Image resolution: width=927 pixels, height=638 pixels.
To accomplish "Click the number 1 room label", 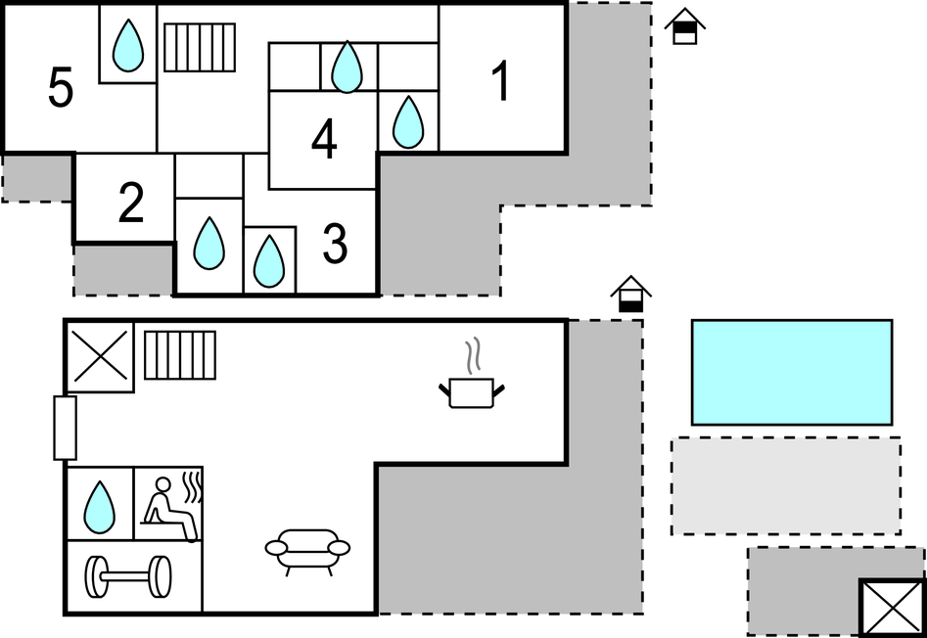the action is click(501, 81).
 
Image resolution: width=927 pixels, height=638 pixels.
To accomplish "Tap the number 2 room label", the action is click(130, 203).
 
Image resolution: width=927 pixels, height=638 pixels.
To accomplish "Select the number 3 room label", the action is click(335, 244).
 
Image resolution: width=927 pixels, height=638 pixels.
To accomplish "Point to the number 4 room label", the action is click(324, 139).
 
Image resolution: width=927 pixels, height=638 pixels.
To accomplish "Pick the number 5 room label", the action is click(61, 87).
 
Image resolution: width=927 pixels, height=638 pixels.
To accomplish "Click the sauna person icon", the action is click(170, 508).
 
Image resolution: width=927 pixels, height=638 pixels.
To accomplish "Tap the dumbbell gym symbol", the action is click(128, 576).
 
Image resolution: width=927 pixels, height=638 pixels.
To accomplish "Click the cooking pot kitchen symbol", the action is click(471, 392).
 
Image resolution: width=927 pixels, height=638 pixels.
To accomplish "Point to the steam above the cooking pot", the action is click(472, 355).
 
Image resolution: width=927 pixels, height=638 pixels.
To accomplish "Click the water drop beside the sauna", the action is click(99, 508).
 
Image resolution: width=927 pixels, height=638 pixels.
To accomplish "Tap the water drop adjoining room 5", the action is click(127, 45).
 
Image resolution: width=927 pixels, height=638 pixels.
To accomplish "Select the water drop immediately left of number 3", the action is click(269, 261).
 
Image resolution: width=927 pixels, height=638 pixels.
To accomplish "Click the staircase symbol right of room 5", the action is click(200, 47).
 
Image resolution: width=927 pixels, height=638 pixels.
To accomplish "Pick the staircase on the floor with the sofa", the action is click(180, 355).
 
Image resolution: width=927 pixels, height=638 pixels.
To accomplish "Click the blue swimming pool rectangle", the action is click(792, 372).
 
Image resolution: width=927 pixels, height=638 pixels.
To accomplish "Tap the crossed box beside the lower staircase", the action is click(101, 356).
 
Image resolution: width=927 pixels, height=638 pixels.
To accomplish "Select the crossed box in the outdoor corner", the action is click(892, 608).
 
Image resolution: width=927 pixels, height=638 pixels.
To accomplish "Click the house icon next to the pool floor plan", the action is click(630, 294).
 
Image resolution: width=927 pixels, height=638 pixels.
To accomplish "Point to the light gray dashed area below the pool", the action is click(786, 486).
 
